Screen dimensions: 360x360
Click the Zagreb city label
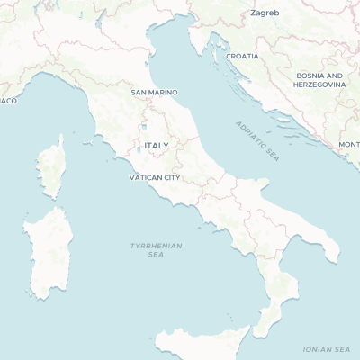click(265, 13)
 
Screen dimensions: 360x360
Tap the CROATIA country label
click(242, 56)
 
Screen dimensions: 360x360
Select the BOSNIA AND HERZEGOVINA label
click(319, 80)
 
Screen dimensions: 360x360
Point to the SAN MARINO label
click(154, 93)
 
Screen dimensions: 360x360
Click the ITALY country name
click(157, 145)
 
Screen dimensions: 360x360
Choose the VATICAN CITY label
click(155, 177)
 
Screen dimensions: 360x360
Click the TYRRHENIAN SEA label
click(156, 249)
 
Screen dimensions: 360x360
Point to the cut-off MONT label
click(348, 145)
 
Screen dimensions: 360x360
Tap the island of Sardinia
click(49, 252)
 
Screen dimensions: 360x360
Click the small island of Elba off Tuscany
click(89, 141)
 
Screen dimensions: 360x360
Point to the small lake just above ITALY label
click(143, 127)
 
